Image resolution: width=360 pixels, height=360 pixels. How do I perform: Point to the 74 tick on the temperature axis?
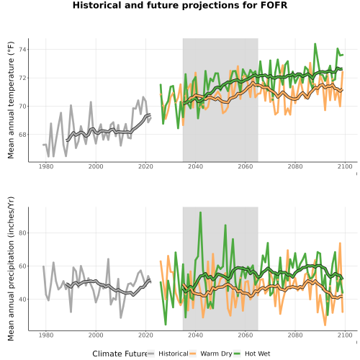23,50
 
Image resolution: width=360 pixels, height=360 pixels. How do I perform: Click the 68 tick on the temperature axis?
23,135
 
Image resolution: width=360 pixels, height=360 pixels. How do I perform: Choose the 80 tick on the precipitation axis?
23,233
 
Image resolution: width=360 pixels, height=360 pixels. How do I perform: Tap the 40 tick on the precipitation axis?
23,300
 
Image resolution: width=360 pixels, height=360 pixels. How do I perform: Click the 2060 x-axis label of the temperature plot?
246,166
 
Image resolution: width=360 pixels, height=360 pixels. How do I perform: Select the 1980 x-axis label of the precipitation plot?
46,335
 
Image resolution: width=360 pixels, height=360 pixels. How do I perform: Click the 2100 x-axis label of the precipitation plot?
345,335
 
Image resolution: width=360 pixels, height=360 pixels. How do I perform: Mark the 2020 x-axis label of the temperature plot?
145,166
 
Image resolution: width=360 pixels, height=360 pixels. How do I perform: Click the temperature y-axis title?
11,100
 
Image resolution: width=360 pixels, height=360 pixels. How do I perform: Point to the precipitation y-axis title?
11,269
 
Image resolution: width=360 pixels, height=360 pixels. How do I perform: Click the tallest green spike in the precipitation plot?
200,212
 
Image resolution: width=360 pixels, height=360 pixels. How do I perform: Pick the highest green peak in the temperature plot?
315,44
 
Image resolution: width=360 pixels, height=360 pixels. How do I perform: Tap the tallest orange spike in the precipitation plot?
340,243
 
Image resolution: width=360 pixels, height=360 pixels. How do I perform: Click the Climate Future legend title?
120,354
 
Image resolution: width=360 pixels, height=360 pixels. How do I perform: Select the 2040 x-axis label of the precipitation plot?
195,335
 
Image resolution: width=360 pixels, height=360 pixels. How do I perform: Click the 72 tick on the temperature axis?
23,78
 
